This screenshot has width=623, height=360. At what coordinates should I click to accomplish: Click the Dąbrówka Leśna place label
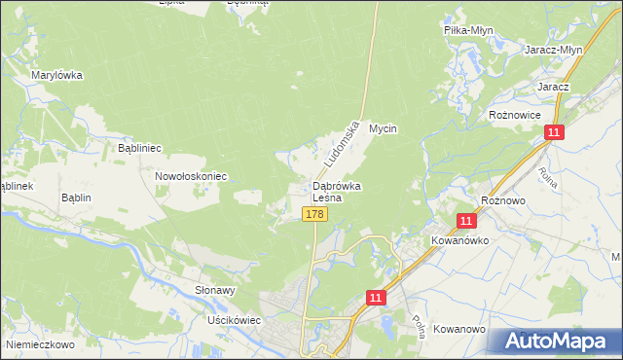click(337, 192)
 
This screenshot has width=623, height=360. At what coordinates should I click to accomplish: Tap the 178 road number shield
click(313, 214)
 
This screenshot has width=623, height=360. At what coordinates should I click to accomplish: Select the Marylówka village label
click(56, 75)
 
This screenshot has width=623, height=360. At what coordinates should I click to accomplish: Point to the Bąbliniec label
click(139, 148)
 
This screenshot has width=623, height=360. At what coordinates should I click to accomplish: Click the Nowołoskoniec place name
click(191, 176)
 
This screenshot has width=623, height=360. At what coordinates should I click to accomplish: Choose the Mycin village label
click(385, 127)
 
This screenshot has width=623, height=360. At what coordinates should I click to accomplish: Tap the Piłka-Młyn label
click(468, 30)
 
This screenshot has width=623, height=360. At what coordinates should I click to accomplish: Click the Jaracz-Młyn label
click(552, 51)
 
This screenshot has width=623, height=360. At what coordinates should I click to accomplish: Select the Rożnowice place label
click(514, 114)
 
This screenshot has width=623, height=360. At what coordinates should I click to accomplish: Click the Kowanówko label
click(459, 238)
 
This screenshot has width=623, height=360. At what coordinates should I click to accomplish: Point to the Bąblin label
click(75, 198)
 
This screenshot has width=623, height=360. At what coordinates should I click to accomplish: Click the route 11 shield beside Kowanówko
click(466, 222)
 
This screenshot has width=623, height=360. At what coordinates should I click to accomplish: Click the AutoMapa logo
click(554, 341)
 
